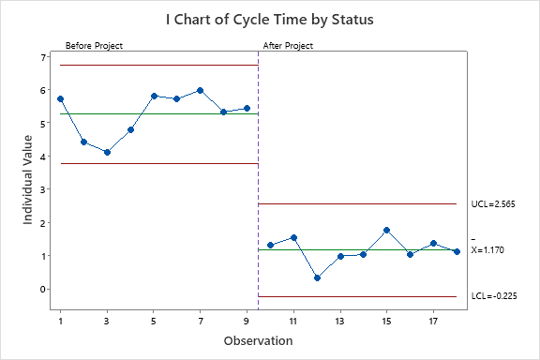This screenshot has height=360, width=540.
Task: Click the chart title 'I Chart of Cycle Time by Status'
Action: (269, 18)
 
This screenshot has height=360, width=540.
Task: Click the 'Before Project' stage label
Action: (94, 45)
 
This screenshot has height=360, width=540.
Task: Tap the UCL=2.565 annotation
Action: (493, 203)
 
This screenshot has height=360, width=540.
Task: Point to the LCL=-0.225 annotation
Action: (494, 296)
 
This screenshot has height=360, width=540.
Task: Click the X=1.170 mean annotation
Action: (493, 250)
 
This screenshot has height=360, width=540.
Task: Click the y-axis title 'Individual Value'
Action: (29, 178)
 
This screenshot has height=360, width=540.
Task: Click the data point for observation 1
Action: (60, 98)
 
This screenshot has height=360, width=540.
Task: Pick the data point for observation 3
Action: (107, 152)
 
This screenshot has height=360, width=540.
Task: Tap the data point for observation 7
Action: (200, 90)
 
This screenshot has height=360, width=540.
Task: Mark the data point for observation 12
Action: (317, 277)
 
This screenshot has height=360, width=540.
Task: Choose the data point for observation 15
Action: (386, 230)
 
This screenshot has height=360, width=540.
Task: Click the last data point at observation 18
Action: (457, 251)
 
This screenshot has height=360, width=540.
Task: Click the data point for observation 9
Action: (247, 108)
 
